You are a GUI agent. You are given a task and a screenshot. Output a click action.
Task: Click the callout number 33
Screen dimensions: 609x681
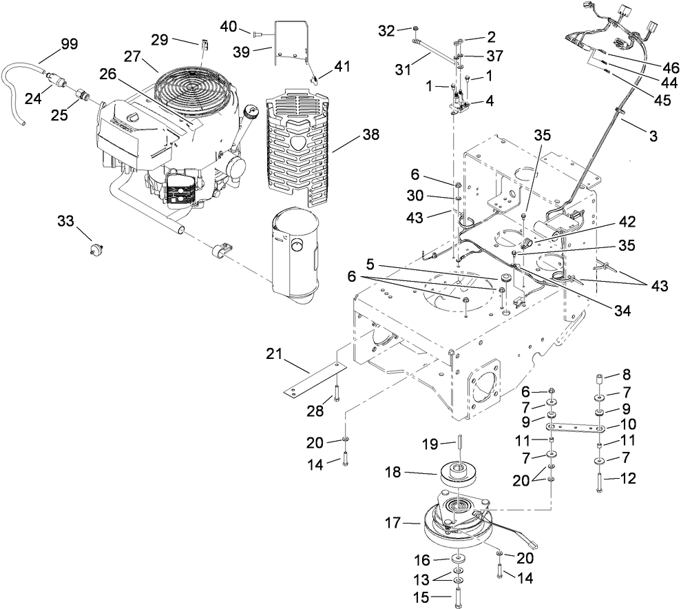(x=65, y=221)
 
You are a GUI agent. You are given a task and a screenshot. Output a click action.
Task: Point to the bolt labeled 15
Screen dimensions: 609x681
(x=458, y=594)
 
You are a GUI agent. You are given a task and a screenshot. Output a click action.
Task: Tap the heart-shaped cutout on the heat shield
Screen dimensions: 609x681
(x=298, y=142)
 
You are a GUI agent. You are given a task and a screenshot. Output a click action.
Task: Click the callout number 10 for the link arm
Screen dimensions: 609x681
(x=627, y=424)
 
